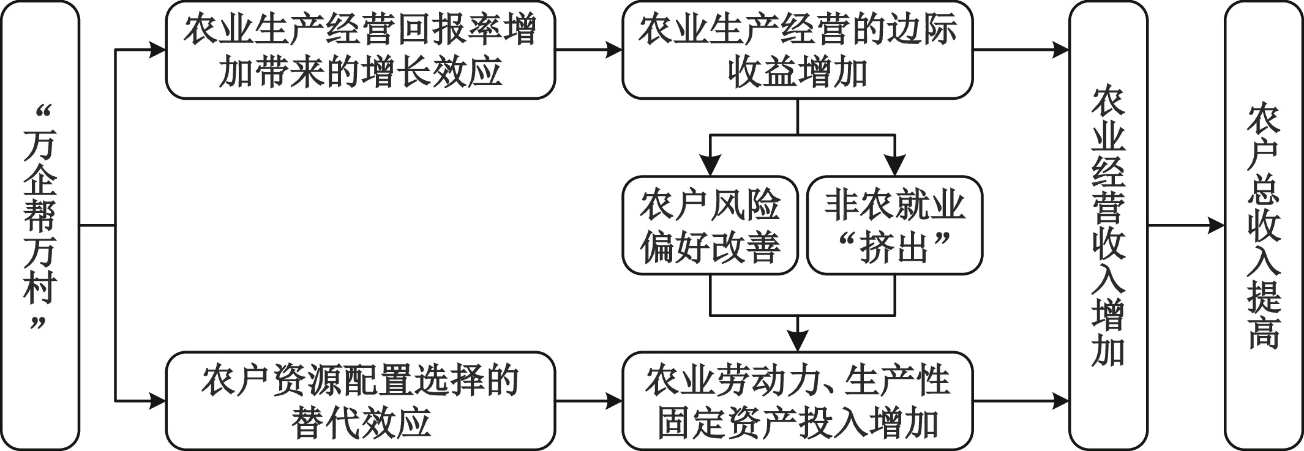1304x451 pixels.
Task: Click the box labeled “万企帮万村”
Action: pyautogui.click(x=40, y=225)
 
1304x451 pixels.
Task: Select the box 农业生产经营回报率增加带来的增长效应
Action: pyautogui.click(x=361, y=50)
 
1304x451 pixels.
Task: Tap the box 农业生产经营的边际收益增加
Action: pyautogui.click(x=797, y=50)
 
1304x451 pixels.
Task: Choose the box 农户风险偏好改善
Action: pyautogui.click(x=710, y=225)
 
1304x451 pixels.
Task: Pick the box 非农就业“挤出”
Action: pyautogui.click(x=894, y=225)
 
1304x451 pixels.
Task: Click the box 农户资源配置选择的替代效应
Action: pyautogui.click(x=361, y=401)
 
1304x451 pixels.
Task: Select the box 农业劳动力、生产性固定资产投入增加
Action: pyautogui.click(x=797, y=401)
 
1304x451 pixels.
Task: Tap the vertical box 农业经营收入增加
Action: pyautogui.click(x=1109, y=225)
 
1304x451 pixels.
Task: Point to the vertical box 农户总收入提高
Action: pyautogui.click(x=1264, y=225)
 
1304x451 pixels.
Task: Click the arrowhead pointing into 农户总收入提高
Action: pyautogui.click(x=1216, y=225)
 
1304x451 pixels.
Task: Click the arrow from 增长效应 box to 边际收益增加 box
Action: pyautogui.click(x=588, y=50)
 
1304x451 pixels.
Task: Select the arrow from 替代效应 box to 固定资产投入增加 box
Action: pyautogui.click(x=588, y=401)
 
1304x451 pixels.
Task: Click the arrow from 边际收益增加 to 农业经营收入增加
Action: pyautogui.click(x=1021, y=50)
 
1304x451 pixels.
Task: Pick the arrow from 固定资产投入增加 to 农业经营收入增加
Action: pyautogui.click(x=1021, y=401)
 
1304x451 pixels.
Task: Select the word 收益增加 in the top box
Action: pyautogui.click(x=797, y=72)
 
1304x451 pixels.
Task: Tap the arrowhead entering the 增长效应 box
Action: pyautogui.click(x=157, y=50)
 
